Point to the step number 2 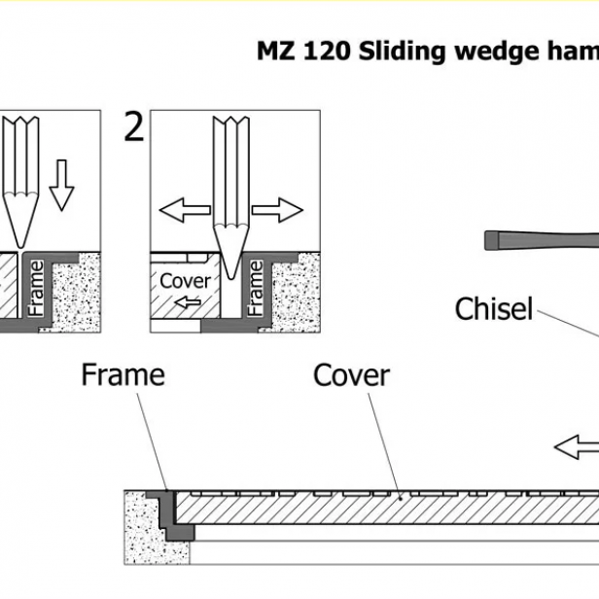[x=134, y=127]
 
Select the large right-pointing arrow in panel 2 [x=277, y=208]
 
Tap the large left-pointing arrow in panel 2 [x=186, y=208]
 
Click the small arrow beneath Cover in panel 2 [x=187, y=303]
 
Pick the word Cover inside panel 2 [x=185, y=282]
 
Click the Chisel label [x=494, y=309]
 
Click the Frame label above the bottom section [x=123, y=374]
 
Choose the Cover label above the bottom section [x=351, y=375]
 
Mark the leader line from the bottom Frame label [x=151, y=438]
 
